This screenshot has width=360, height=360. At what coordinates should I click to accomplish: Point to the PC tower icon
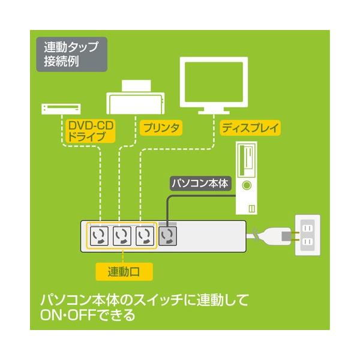point(247,178)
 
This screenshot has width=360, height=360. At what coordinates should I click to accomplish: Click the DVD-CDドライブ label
point(91,131)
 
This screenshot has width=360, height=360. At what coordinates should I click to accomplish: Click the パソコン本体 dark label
point(197,184)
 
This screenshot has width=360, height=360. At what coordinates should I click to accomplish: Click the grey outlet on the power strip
point(167,235)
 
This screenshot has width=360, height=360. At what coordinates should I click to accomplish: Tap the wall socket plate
point(308,235)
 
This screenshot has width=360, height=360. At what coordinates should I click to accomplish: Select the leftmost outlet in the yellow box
point(100,235)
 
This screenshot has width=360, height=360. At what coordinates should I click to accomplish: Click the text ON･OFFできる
point(87,314)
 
